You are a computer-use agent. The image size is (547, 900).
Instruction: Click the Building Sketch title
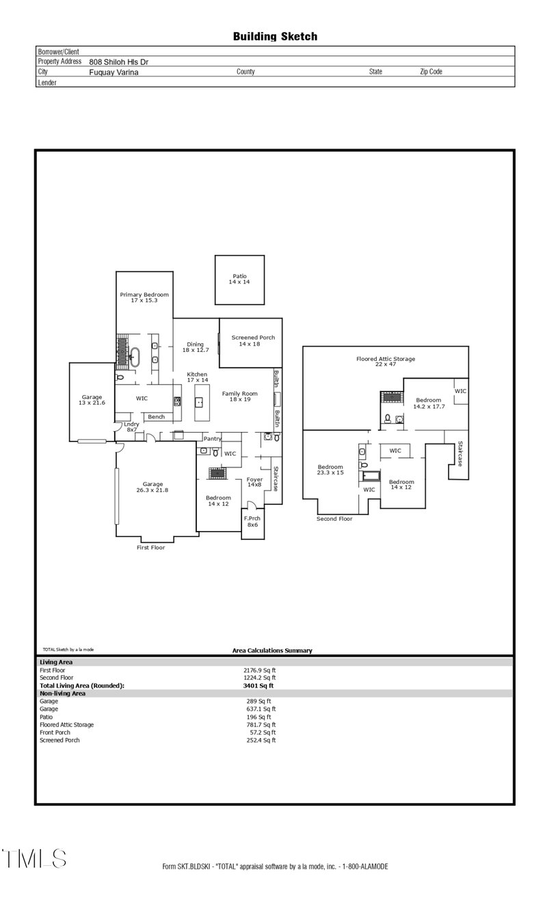[x=275, y=36]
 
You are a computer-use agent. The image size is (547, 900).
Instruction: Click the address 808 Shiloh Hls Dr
[x=118, y=62]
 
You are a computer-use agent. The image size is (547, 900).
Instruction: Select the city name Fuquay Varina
[x=114, y=71]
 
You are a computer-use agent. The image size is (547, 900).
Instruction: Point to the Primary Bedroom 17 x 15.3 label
[x=144, y=297]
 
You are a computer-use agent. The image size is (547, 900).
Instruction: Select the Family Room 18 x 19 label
[x=239, y=397]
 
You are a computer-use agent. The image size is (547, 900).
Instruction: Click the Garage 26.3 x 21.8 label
[x=152, y=487]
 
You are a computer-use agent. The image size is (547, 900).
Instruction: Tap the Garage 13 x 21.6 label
[x=92, y=400]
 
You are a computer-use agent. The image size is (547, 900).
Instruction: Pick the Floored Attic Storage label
[x=386, y=362]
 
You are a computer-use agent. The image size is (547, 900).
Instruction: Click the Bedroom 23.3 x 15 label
[x=330, y=469]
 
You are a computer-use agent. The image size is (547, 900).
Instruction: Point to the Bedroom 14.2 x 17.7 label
[x=431, y=403]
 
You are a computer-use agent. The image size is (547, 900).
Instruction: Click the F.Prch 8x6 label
[x=252, y=521]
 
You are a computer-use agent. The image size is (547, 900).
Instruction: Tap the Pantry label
[x=212, y=439]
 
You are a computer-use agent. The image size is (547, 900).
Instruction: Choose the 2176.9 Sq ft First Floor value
[x=255, y=670]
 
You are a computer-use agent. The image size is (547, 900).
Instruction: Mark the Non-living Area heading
[x=62, y=693]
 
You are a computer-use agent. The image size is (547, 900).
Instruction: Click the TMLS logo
[x=34, y=858]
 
